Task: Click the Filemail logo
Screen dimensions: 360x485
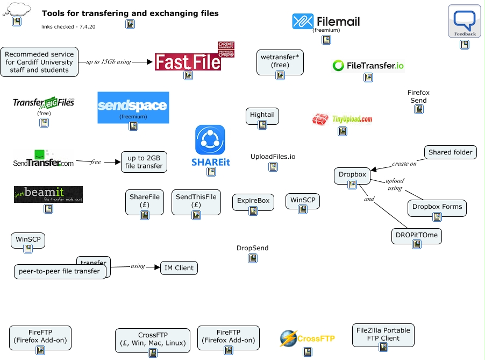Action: (x=326, y=21)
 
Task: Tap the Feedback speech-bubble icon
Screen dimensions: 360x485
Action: (x=465, y=21)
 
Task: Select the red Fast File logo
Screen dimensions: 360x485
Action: (x=188, y=61)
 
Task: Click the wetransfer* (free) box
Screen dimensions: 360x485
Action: (x=280, y=61)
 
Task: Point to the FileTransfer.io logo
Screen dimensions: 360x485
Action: (x=368, y=66)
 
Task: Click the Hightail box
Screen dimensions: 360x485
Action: (x=262, y=115)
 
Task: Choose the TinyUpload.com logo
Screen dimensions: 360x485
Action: (x=343, y=119)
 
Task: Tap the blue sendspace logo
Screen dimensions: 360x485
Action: (x=133, y=108)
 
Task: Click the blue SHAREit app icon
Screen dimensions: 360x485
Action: (x=210, y=140)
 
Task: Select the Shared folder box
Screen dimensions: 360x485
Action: (x=451, y=152)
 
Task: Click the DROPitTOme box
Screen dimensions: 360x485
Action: (x=417, y=235)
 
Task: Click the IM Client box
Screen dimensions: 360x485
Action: (x=179, y=268)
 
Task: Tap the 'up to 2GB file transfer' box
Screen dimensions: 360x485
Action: (x=144, y=162)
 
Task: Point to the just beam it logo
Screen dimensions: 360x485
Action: (x=48, y=194)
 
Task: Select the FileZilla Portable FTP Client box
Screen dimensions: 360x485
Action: (x=383, y=334)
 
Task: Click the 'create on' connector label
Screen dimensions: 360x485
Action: (x=404, y=164)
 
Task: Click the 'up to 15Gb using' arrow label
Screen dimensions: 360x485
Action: (x=109, y=62)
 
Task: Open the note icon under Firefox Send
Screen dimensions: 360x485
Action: (x=418, y=109)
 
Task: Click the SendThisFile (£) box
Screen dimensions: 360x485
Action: (x=196, y=201)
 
